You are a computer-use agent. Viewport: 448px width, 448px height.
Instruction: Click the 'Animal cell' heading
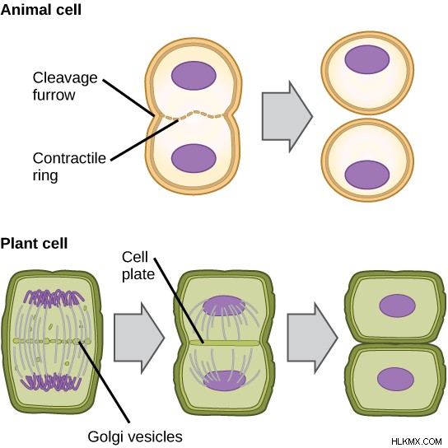click(x=41, y=10)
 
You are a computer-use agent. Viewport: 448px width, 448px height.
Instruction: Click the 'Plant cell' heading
click(x=34, y=244)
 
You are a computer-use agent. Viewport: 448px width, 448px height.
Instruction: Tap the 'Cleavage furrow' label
click(x=65, y=86)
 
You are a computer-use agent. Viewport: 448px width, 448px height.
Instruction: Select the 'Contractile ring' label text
click(x=69, y=166)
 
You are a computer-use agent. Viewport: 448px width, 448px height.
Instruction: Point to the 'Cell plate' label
click(x=138, y=266)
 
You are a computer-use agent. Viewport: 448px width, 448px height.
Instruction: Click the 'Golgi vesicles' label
click(x=135, y=436)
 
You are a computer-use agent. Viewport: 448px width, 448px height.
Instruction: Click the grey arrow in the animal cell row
click(x=287, y=117)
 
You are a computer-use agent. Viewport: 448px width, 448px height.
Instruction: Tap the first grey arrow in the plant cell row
click(x=139, y=338)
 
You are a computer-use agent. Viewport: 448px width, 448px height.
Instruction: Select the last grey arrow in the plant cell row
click(x=313, y=338)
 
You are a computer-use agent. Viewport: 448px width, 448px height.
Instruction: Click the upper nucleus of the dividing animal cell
click(x=194, y=76)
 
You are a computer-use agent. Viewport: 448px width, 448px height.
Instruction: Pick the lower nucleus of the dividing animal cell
click(x=194, y=158)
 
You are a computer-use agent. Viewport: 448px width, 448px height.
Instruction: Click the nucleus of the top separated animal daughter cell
click(x=367, y=60)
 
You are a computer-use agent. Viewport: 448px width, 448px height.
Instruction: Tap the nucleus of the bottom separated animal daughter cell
click(x=367, y=175)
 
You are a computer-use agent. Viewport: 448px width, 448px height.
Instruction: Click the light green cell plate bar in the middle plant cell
click(x=225, y=343)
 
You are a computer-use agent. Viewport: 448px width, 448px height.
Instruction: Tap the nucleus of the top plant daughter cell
click(x=397, y=306)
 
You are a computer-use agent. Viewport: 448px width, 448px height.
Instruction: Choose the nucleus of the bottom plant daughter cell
click(x=395, y=380)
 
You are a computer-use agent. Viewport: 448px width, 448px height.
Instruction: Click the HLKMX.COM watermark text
click(x=416, y=441)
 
